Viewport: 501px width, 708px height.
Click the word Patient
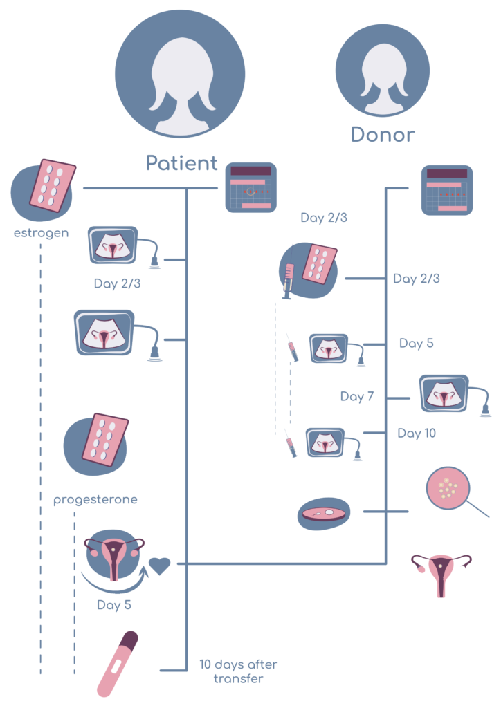(x=181, y=164)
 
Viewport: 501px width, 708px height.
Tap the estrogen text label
(x=41, y=233)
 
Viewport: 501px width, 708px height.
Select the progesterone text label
(x=95, y=499)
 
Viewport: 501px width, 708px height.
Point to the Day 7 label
(x=357, y=397)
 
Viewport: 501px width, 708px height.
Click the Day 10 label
(x=417, y=434)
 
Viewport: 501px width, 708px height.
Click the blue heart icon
(x=160, y=566)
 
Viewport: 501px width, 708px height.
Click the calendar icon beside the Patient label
(x=250, y=187)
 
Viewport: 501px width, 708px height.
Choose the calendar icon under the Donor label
(x=446, y=190)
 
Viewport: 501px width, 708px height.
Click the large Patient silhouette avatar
(x=180, y=75)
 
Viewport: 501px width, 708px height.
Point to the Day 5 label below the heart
(x=114, y=606)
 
